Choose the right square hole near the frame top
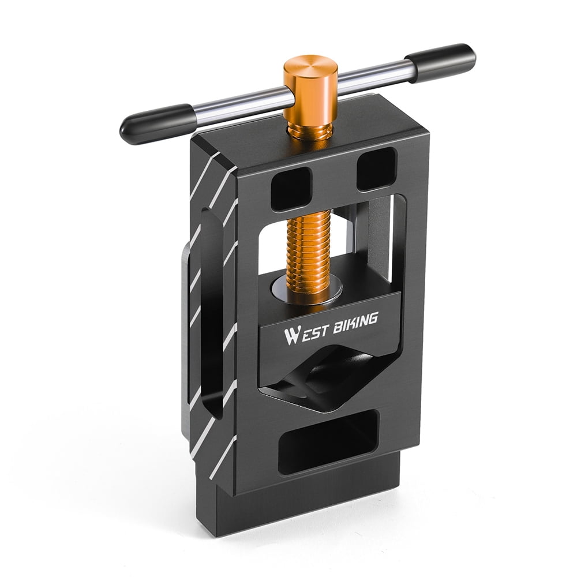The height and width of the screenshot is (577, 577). tap(376, 168)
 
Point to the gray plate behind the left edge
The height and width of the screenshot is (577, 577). tap(184, 340)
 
